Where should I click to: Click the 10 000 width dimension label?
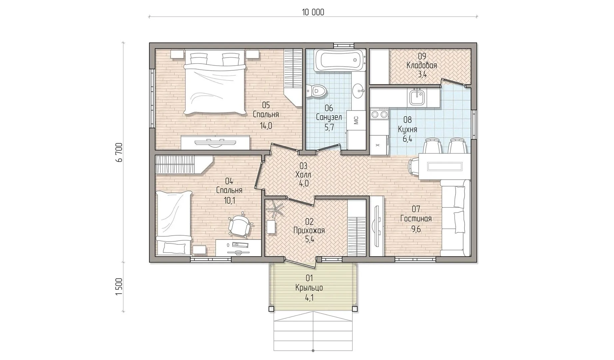click(313, 12)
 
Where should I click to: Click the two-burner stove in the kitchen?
click(380, 114)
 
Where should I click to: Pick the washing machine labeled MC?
click(356, 120)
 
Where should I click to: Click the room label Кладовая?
click(422, 65)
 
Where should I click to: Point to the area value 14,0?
click(266, 126)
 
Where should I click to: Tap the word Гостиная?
click(416, 219)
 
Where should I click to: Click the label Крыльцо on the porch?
click(309, 288)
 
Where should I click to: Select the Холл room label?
click(303, 174)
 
